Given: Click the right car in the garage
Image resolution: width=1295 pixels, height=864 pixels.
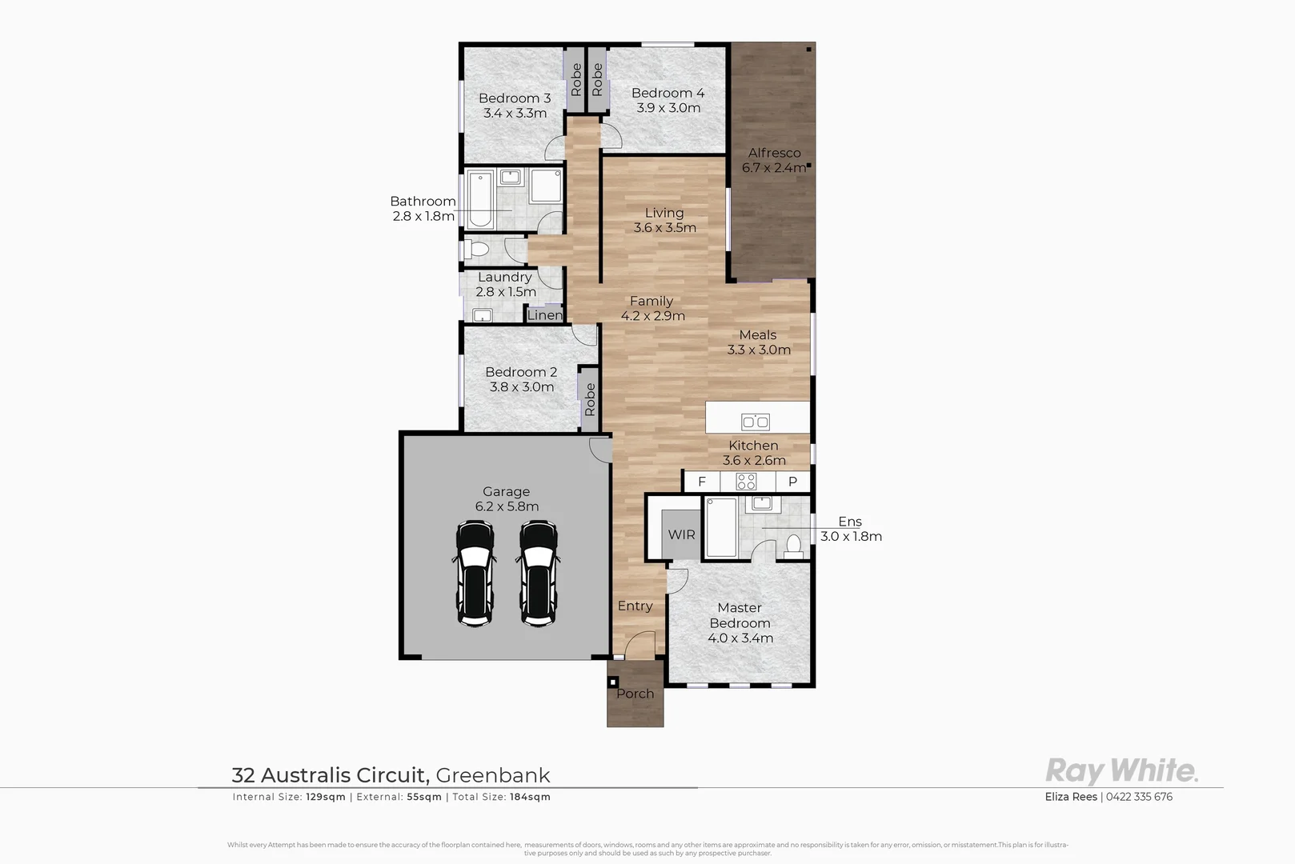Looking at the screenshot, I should pos(538,573).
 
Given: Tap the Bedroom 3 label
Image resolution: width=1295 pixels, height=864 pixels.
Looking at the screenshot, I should pos(515,98).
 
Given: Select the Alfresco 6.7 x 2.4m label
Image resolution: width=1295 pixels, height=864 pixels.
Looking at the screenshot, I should pos(774,160).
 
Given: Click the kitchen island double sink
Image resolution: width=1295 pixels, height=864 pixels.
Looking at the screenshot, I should pos(755,422).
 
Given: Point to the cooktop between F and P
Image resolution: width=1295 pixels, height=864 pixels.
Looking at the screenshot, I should pos(746,482).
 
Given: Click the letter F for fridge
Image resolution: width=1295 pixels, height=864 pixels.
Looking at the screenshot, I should pos(702,482).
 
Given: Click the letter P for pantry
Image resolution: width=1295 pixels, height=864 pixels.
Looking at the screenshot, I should pos(792,482).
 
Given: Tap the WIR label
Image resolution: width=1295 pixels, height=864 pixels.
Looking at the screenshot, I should pos(681,534).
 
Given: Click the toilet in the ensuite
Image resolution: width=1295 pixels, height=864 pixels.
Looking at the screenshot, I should pos(793,546).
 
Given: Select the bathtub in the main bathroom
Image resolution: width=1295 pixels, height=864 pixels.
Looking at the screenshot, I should pos(479,199).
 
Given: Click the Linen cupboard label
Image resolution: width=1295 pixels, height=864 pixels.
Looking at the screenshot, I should pos(544,315).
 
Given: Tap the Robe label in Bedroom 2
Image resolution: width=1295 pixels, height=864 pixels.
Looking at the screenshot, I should pos(590,399).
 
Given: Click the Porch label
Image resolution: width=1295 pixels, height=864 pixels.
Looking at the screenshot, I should pos(635,694).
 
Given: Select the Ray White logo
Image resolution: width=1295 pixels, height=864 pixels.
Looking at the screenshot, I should pos(1121,771).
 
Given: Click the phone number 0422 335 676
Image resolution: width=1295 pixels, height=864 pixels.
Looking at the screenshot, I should pos(1139,797).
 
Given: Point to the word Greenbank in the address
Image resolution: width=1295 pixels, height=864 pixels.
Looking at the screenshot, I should pos(493,774).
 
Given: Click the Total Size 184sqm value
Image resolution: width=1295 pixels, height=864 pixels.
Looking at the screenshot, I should pos(530,797).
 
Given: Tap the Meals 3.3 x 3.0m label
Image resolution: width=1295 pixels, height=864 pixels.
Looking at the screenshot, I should pos(759,342).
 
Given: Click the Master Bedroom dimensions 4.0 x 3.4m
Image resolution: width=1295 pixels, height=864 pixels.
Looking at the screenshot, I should pos(740,638).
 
